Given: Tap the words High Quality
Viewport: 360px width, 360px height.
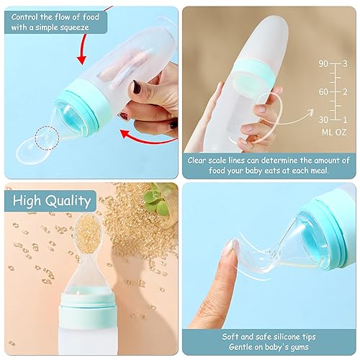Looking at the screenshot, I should (49, 201).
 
